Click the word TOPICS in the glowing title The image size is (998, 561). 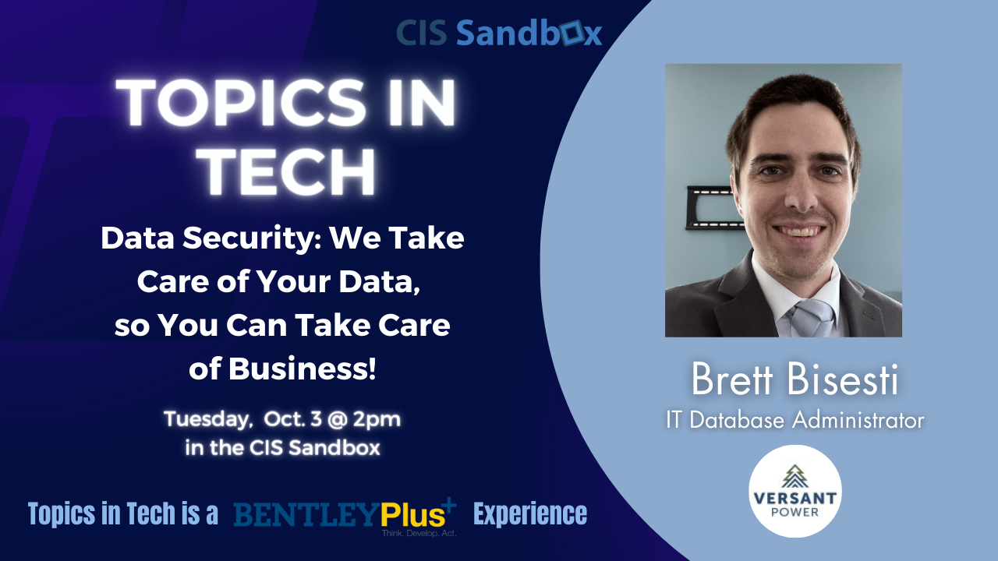tap(240, 103)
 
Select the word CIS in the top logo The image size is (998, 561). tap(422, 33)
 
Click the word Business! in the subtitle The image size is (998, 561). tap(303, 369)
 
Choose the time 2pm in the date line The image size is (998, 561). tap(377, 420)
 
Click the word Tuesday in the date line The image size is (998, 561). tap(208, 420)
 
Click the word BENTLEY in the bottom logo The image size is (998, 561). tap(307, 515)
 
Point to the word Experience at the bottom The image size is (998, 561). tap(530, 514)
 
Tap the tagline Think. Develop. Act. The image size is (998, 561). tap(419, 533)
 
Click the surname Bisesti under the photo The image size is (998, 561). tap(843, 379)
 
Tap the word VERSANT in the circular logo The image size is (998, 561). tap(795, 498)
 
